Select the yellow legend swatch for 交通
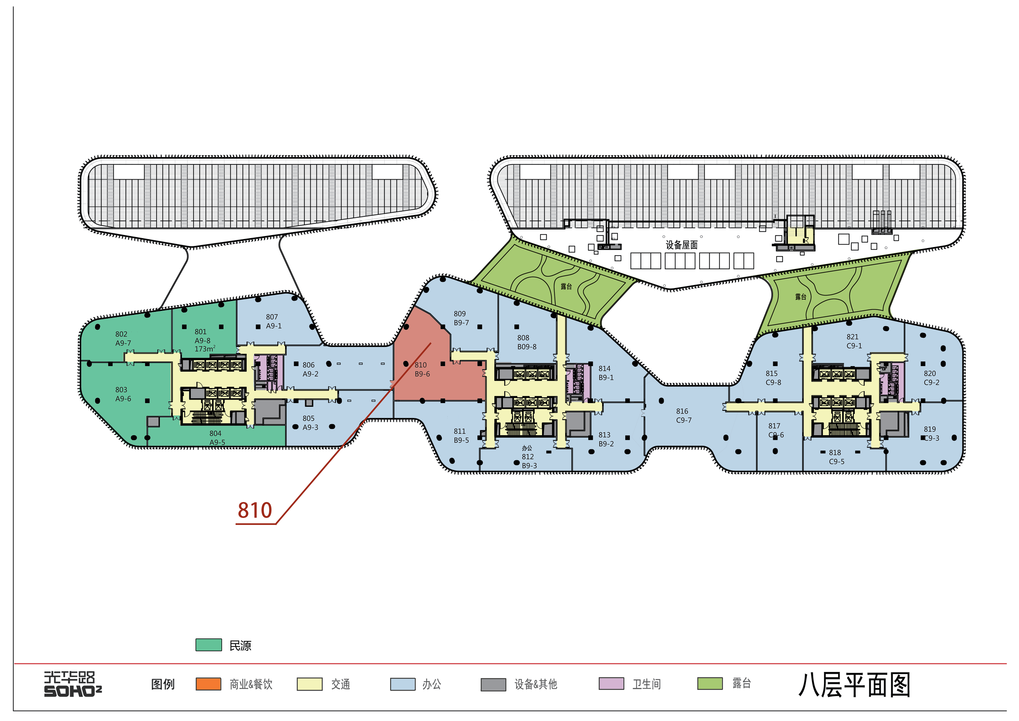click(309, 684)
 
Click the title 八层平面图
click(854, 685)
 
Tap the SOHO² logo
click(73, 684)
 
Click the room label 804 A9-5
click(217, 438)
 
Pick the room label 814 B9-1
click(606, 373)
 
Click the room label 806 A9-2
click(310, 369)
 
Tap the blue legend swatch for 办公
click(403, 684)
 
